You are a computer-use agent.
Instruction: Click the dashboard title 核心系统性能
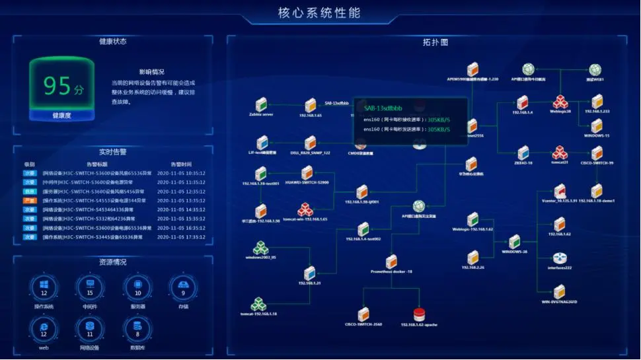[320, 13]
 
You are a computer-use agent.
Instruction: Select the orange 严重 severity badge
[30, 200]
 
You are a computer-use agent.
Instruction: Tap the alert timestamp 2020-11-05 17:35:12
[181, 237]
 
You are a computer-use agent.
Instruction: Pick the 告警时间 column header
[181, 164]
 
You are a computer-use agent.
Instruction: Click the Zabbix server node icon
[261, 104]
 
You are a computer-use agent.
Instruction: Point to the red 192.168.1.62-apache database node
[418, 314]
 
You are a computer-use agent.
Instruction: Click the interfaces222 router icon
[560, 258]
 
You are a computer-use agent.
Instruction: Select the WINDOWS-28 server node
[514, 242]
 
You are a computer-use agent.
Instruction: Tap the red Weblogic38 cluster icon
[560, 102]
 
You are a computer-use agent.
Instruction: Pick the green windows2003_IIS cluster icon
[261, 248]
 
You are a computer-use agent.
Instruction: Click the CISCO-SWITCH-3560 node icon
[363, 314]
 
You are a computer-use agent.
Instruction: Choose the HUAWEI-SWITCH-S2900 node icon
[307, 172]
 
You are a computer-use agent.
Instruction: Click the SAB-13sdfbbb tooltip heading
[384, 107]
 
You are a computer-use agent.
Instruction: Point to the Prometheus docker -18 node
[391, 262]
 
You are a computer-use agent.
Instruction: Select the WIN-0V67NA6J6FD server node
[560, 291]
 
